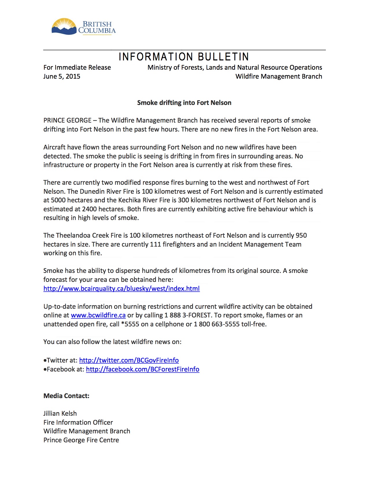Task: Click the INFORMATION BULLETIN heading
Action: pos(184,57)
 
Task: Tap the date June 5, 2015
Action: pos(62,76)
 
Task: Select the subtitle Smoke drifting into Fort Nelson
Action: pos(184,103)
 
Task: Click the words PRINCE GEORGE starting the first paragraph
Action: pos(67,120)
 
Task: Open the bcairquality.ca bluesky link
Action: pos(122,289)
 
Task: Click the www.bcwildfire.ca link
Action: pos(98,315)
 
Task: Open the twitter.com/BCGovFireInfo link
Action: pos(129,360)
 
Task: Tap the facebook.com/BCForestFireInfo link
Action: pos(142,369)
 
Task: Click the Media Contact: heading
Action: pos(66,396)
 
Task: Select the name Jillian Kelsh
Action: pos(60,413)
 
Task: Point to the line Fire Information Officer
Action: pos(78,422)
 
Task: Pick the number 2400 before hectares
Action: pos(89,209)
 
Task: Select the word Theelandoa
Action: pos(75,235)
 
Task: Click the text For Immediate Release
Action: pos(77,67)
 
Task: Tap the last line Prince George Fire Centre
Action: pos(81,440)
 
